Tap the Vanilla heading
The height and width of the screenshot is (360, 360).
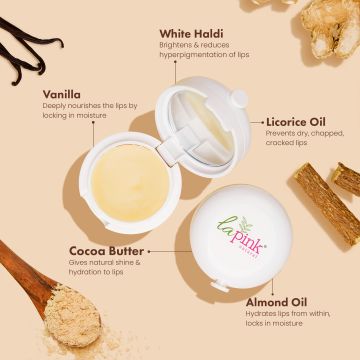[x=63, y=95]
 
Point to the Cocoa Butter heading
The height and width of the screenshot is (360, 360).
[x=106, y=250]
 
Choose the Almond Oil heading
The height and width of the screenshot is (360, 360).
[x=277, y=301]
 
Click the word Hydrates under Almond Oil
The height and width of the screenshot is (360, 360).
[x=261, y=314]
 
